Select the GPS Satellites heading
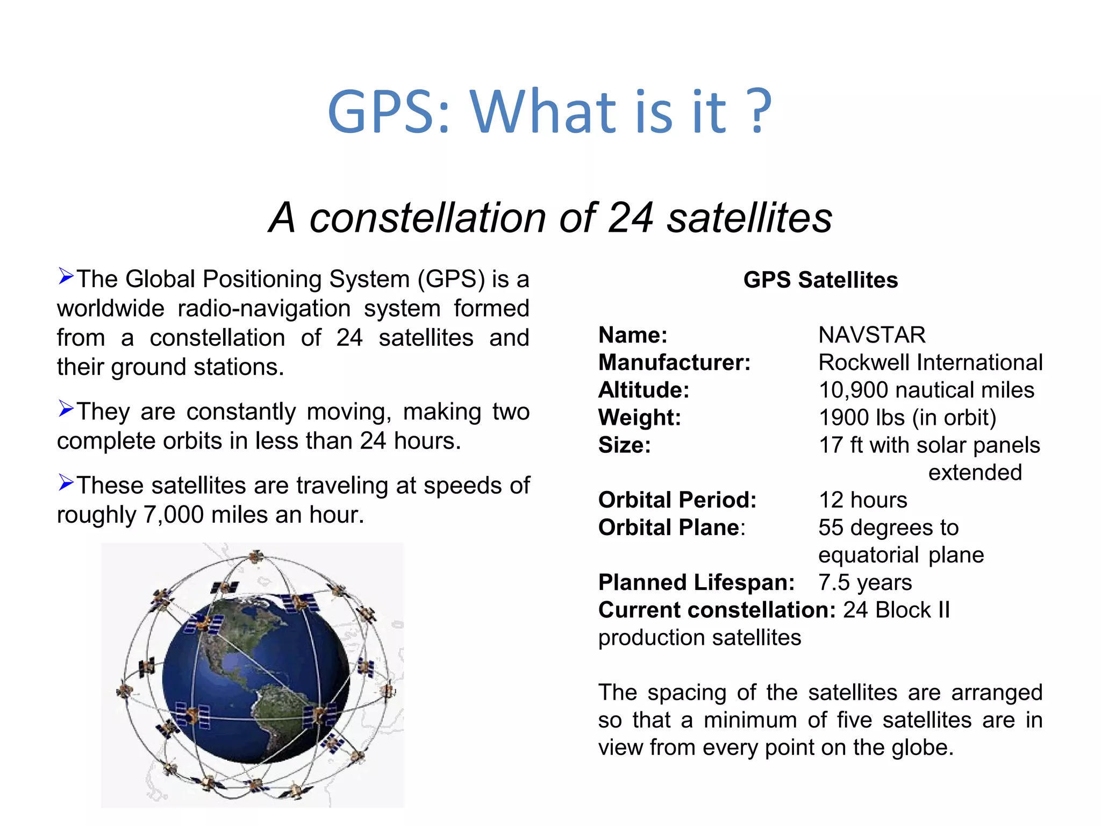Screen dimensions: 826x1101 pos(820,280)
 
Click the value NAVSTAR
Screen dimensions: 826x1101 pos(871,335)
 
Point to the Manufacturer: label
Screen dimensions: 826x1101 pos(674,362)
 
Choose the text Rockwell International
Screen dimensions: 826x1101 pos(930,362)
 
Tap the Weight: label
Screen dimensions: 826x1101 pos(639,417)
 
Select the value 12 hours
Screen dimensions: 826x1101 pos(862,500)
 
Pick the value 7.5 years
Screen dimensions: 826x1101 pos(864,582)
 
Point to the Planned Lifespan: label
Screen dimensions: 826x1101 pos(696,582)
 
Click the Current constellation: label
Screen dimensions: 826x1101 pos(717,610)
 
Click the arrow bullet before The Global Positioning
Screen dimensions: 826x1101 pos(66,276)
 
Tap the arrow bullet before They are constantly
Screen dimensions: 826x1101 pos(66,409)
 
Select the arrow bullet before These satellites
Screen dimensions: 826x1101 pos(66,483)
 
